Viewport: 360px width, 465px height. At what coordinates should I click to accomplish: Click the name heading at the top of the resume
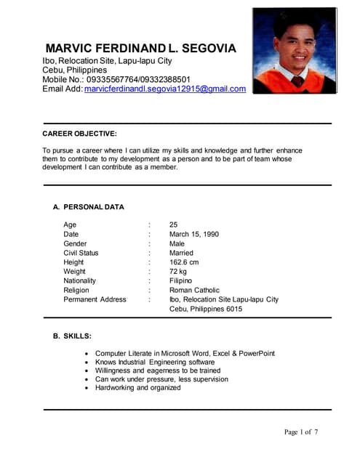pyautogui.click(x=140, y=49)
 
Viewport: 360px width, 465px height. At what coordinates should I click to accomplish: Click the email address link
pyautogui.click(x=165, y=89)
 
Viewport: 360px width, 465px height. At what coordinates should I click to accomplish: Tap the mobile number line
pyautogui.click(x=116, y=79)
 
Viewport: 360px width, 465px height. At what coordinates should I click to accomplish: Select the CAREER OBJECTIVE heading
pyautogui.click(x=79, y=134)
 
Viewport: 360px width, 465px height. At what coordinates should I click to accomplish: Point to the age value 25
pyautogui.click(x=174, y=225)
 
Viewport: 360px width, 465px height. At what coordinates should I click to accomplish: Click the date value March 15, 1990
pyautogui.click(x=193, y=235)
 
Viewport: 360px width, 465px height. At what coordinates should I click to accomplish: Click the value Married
pyautogui.click(x=181, y=253)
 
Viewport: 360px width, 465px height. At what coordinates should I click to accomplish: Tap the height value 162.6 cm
pyautogui.click(x=184, y=262)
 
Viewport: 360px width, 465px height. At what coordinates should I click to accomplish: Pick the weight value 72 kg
pyautogui.click(x=178, y=272)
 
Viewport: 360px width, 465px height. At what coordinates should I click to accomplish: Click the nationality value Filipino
pyautogui.click(x=180, y=280)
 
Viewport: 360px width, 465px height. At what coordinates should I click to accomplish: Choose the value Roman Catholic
pyautogui.click(x=194, y=290)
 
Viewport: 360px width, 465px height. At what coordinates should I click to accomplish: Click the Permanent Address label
pyautogui.click(x=95, y=299)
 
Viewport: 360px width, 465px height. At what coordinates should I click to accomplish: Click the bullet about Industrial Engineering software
pyautogui.click(x=155, y=362)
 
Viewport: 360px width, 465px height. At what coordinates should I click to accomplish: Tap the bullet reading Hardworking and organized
pyautogui.click(x=138, y=388)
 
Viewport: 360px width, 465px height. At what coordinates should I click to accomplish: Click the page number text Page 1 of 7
pyautogui.click(x=301, y=432)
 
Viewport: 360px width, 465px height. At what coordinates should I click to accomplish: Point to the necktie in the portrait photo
pyautogui.click(x=297, y=81)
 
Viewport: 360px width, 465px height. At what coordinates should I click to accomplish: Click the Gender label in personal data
pyautogui.click(x=75, y=244)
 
